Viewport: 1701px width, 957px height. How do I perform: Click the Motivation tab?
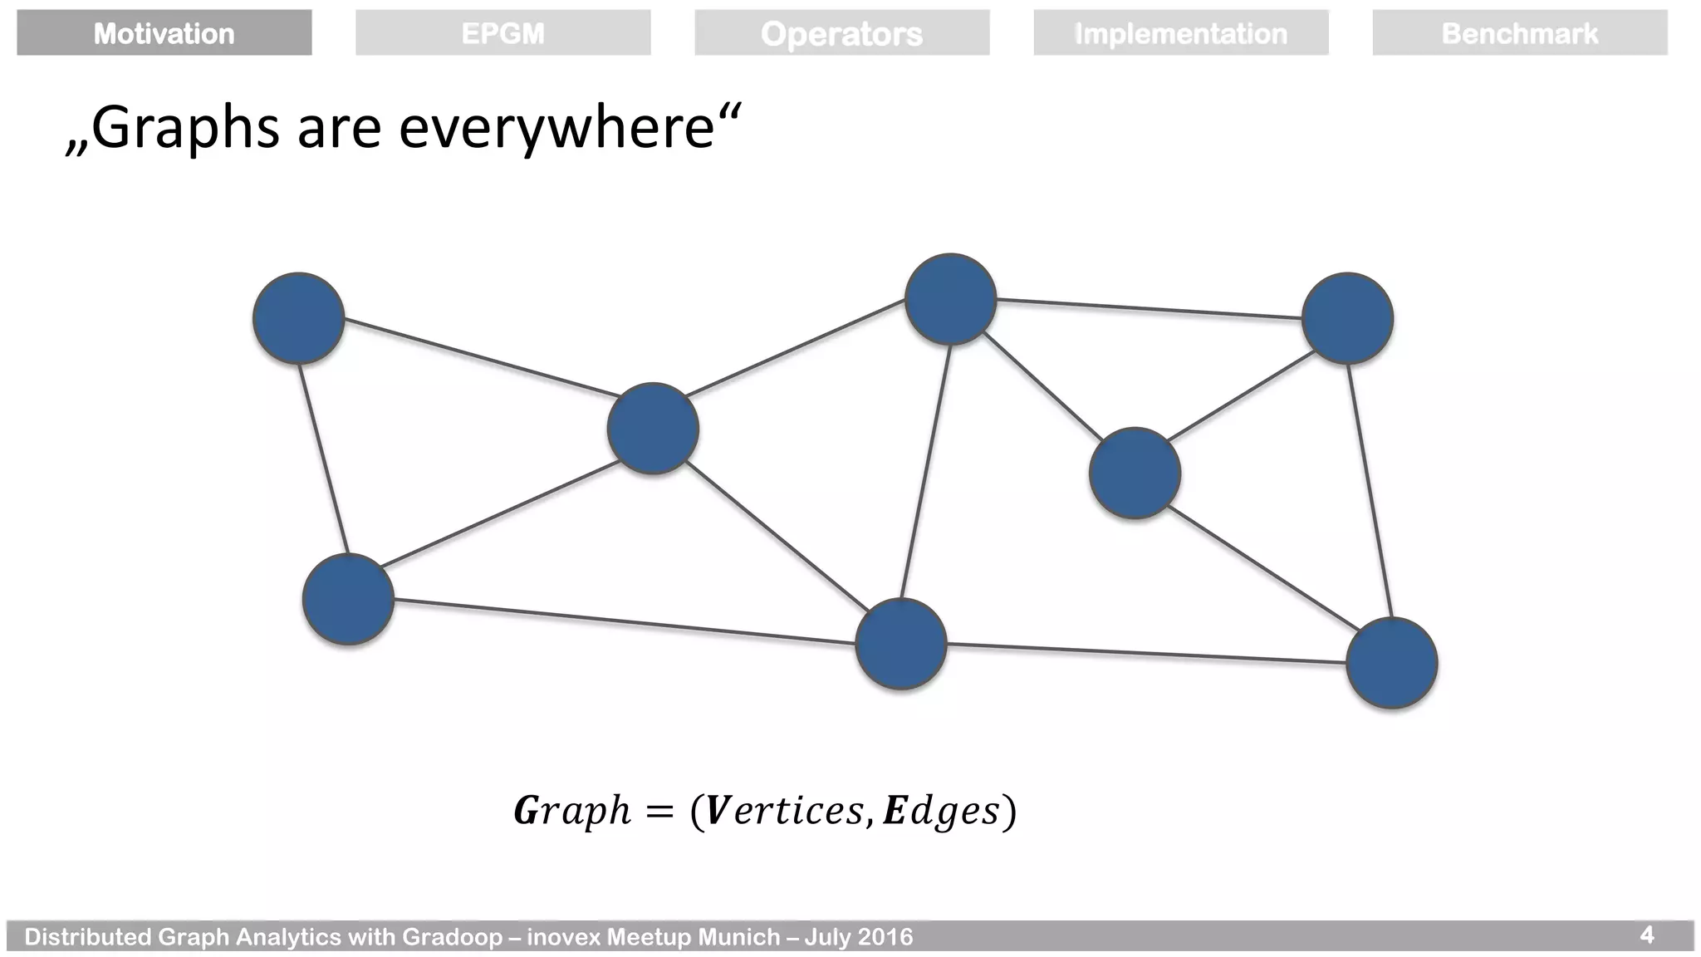(164, 33)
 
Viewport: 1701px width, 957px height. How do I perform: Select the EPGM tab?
(502, 33)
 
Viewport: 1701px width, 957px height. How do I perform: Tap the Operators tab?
(841, 33)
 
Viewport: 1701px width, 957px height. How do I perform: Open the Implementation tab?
(1180, 33)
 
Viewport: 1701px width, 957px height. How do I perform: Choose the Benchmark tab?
(1519, 33)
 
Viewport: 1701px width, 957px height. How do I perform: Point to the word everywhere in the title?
(556, 129)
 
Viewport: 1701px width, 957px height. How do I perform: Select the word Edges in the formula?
(941, 811)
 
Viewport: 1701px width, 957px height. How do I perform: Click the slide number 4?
(1646, 935)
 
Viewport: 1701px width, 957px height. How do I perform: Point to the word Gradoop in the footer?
(452, 937)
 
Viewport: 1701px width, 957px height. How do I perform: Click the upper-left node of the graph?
(298, 318)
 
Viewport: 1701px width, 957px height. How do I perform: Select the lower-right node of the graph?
(1391, 663)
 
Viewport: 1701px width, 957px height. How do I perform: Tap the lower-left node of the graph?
(348, 599)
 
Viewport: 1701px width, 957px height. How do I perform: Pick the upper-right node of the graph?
(1347, 318)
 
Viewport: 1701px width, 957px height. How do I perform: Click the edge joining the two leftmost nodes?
(323, 459)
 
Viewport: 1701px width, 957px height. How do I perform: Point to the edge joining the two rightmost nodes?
(1370, 490)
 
